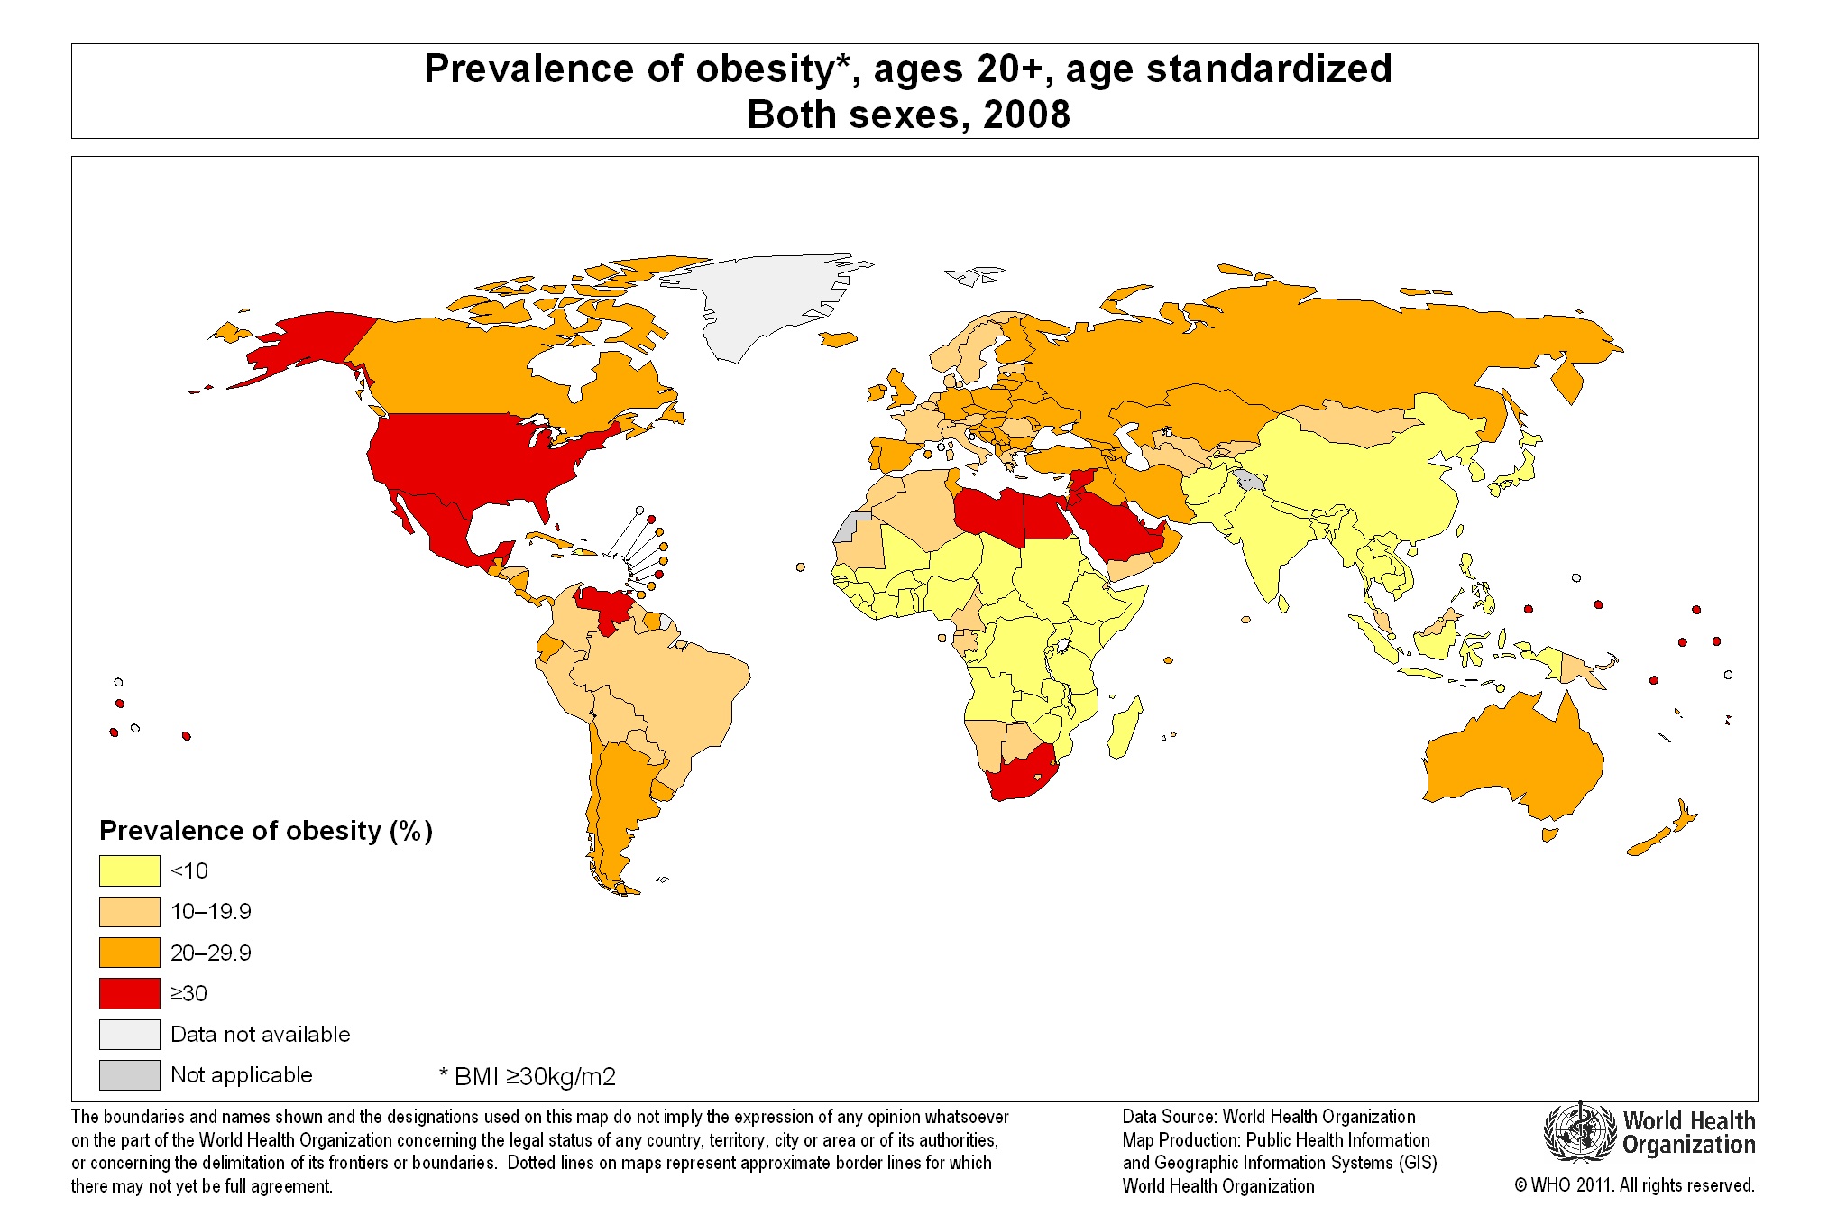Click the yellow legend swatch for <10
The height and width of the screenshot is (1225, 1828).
tap(129, 870)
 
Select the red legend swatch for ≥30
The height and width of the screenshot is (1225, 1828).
tap(129, 993)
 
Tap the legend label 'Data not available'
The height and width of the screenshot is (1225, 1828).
tap(260, 1034)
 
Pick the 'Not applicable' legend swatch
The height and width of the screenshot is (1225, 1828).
tap(129, 1074)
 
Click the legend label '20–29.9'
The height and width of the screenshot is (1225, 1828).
tap(211, 953)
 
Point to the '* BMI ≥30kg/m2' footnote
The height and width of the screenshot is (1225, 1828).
tap(528, 1076)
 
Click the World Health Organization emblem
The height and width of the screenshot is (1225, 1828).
tap(1579, 1133)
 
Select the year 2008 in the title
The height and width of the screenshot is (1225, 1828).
tap(1026, 115)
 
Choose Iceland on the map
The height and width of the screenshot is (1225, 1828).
tap(838, 339)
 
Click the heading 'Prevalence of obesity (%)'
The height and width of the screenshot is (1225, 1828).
tap(266, 830)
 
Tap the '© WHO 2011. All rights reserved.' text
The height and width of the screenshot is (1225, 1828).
tap(1634, 1185)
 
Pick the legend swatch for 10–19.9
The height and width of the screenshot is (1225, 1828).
tap(129, 911)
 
